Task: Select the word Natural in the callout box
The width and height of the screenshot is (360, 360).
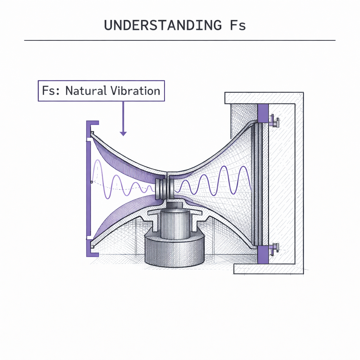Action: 86,91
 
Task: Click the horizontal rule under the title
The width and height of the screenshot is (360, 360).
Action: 180,41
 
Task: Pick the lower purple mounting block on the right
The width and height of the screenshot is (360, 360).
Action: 263,255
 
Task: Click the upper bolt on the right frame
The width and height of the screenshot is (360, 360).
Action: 274,121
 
